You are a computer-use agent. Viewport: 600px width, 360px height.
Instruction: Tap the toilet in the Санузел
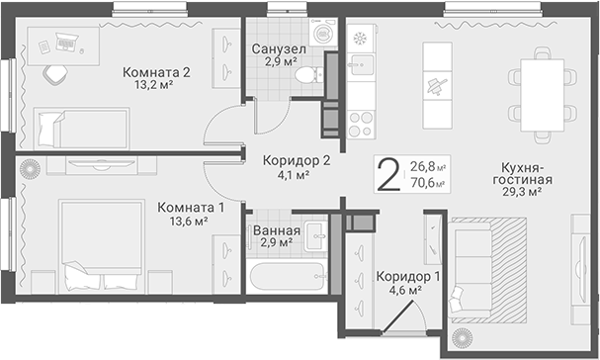(308, 75)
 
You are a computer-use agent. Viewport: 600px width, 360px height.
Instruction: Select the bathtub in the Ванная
(287, 277)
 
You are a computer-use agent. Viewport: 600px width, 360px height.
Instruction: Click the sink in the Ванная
(315, 236)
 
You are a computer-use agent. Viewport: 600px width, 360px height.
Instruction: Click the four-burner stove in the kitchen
(361, 125)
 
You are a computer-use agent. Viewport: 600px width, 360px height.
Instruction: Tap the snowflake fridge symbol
(360, 39)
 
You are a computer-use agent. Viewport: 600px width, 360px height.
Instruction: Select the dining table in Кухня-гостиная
(542, 95)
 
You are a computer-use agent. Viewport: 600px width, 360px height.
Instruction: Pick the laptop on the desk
(67, 42)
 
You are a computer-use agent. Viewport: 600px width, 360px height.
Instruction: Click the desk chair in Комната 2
(55, 74)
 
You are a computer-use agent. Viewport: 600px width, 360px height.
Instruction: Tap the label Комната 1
(191, 208)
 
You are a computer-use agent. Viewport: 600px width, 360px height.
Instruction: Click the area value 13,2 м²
(152, 85)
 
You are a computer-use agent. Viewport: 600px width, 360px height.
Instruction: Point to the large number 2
(388, 175)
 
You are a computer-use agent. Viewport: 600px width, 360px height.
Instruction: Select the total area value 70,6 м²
(427, 183)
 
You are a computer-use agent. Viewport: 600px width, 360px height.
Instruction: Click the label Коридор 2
(297, 160)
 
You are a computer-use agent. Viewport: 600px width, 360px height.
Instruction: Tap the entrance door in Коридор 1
(398, 315)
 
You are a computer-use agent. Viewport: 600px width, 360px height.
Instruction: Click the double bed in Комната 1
(102, 244)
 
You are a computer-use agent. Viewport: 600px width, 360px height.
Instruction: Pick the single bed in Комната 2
(81, 129)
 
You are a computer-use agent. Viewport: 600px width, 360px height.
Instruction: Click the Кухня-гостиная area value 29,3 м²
(522, 192)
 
